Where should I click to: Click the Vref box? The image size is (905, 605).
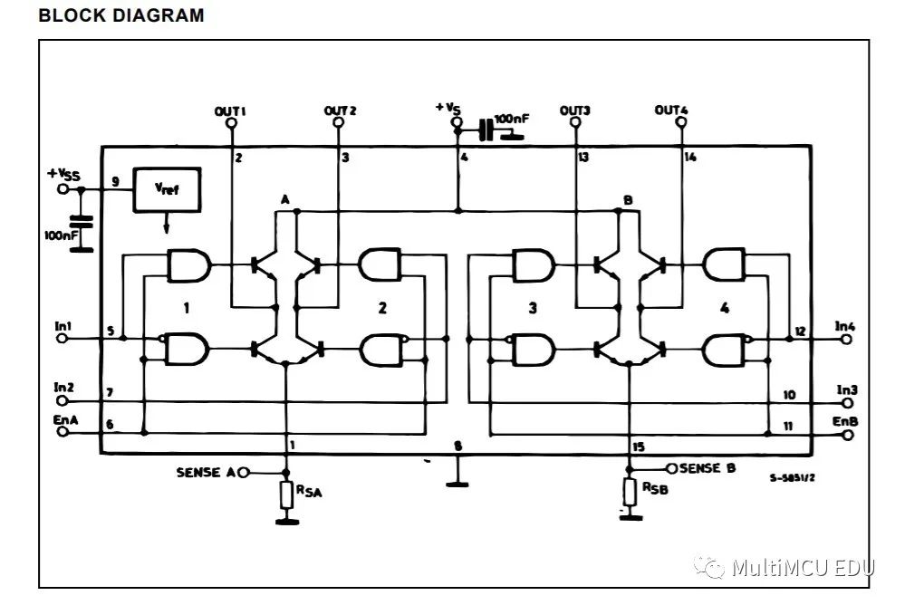click(x=167, y=190)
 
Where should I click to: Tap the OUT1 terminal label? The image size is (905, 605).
click(x=230, y=110)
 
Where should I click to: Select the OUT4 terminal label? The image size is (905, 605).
click(x=671, y=110)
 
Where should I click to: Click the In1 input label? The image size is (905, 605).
click(x=63, y=326)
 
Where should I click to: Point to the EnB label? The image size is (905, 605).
click(x=845, y=421)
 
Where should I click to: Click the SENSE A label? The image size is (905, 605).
click(x=206, y=472)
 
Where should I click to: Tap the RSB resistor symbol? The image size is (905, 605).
click(x=630, y=492)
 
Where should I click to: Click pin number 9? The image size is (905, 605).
click(x=115, y=182)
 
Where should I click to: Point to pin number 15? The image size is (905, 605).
click(x=638, y=447)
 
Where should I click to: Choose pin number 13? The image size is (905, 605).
click(x=583, y=157)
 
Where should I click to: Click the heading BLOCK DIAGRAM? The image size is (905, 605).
click(x=121, y=15)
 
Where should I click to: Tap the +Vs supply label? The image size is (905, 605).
click(x=448, y=108)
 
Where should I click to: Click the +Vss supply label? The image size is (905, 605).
click(x=64, y=174)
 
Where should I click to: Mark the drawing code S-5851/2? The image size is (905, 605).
click(x=793, y=477)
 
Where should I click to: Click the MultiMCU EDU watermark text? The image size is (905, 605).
click(x=803, y=568)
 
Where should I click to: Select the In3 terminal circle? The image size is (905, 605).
click(x=847, y=404)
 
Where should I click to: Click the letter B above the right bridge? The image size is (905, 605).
click(x=628, y=200)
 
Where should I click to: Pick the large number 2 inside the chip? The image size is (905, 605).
click(x=382, y=308)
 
